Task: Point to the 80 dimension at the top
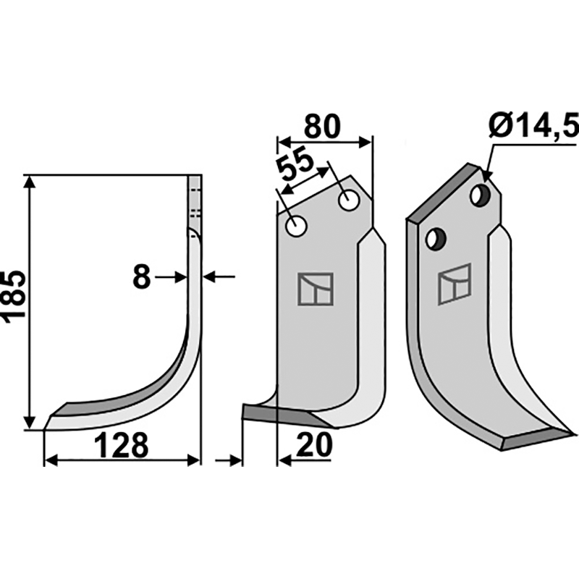pos(321,127)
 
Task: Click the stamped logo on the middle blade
pos(315,289)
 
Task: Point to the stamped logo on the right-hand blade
pos(454,283)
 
